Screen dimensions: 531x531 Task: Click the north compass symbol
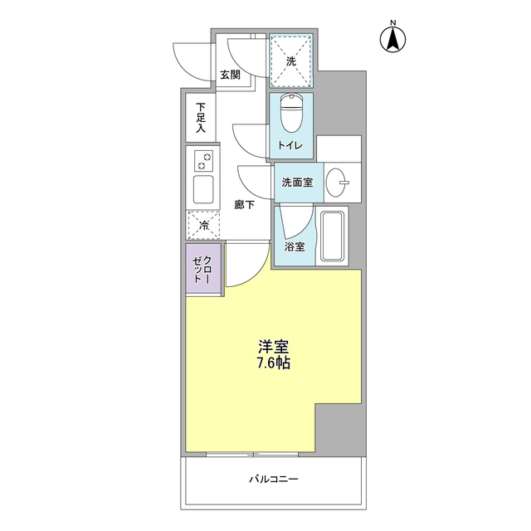392,37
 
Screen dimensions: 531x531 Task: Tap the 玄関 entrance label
230,75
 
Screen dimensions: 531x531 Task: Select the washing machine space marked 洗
291,61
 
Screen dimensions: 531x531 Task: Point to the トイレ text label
290,147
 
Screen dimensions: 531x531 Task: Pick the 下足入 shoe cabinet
200,117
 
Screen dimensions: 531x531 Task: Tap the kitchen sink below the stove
204,188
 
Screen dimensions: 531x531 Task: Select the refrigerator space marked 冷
204,223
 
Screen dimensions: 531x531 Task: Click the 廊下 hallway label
243,204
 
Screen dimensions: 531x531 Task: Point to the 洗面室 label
296,183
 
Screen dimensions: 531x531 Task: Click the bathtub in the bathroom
334,236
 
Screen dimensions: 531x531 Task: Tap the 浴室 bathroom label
294,246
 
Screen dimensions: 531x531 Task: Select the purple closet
203,270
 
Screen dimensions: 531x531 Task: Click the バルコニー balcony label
273,480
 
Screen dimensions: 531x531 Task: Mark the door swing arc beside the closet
247,264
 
